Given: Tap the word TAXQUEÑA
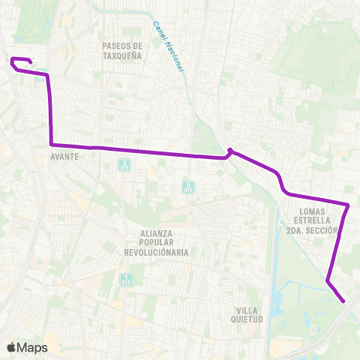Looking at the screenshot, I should pyautogui.click(x=121, y=55).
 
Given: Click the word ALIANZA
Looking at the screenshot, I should pyautogui.click(x=157, y=233).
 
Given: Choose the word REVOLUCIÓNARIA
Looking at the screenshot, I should pyautogui.click(x=157, y=253).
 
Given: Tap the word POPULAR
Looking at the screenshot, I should pyautogui.click(x=157, y=243).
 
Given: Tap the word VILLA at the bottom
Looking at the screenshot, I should pyautogui.click(x=247, y=310).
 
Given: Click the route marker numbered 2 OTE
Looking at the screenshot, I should pyautogui.click(x=124, y=165).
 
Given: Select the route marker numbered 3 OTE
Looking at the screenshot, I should pyautogui.click(x=187, y=187).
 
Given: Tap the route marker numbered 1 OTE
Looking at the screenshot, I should pyautogui.click(x=126, y=280).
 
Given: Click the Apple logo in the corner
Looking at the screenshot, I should pyautogui.click(x=11, y=347).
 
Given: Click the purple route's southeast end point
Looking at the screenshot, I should pyautogui.click(x=343, y=301).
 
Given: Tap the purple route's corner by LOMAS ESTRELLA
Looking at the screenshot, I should pyautogui.click(x=349, y=204).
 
